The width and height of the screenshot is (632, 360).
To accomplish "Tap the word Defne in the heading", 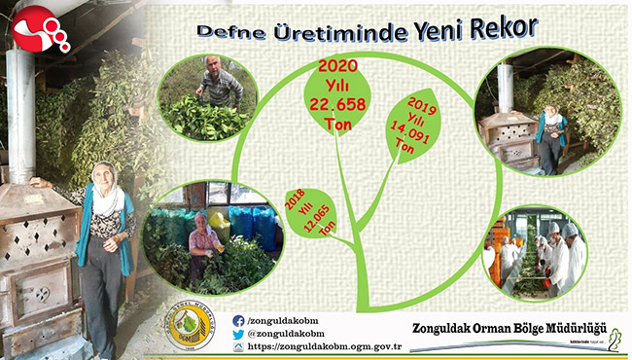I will point(226,30).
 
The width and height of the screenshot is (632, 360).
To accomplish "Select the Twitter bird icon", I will point(239,333).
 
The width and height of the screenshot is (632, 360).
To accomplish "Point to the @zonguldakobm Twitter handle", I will point(291,333).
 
